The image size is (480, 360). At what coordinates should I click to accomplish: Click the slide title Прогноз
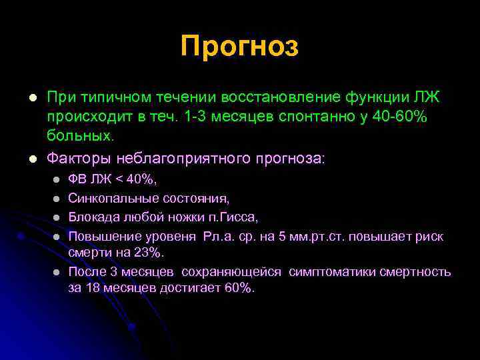point(239,47)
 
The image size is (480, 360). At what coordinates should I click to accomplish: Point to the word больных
point(81,136)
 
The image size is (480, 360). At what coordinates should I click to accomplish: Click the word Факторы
point(79,159)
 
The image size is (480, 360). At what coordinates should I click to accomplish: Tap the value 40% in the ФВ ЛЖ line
point(141,180)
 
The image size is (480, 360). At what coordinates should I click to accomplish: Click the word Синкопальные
point(110,199)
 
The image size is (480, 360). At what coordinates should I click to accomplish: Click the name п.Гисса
point(230,217)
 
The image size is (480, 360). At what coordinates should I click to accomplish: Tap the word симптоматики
point(335,271)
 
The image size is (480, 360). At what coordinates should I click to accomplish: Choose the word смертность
point(415,271)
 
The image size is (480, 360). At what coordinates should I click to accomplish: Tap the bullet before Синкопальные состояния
point(57,199)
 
